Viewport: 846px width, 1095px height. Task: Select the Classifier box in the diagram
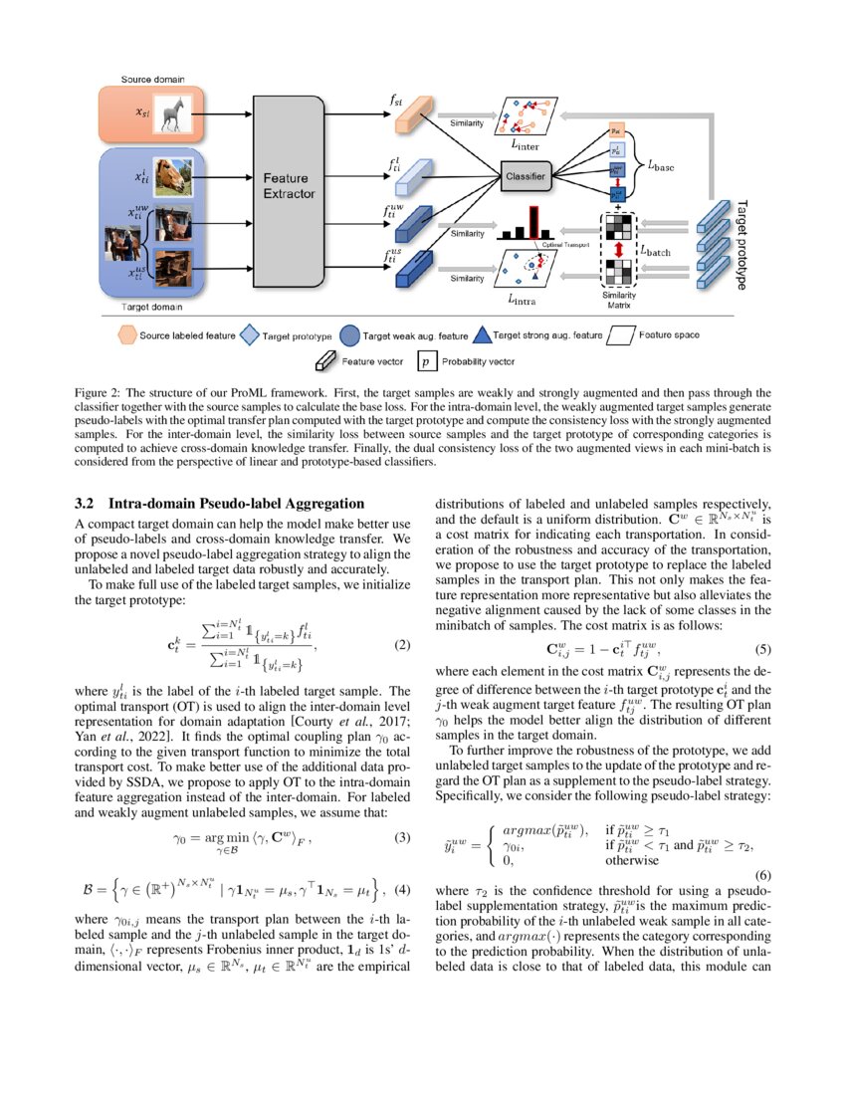528,176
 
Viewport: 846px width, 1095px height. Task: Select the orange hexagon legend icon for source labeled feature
126,335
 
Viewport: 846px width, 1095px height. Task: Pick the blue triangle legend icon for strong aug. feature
482,335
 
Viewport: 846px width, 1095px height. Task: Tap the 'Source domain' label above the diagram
151,78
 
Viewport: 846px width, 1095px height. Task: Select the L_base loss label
661,168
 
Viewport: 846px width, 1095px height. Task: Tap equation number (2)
402,644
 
